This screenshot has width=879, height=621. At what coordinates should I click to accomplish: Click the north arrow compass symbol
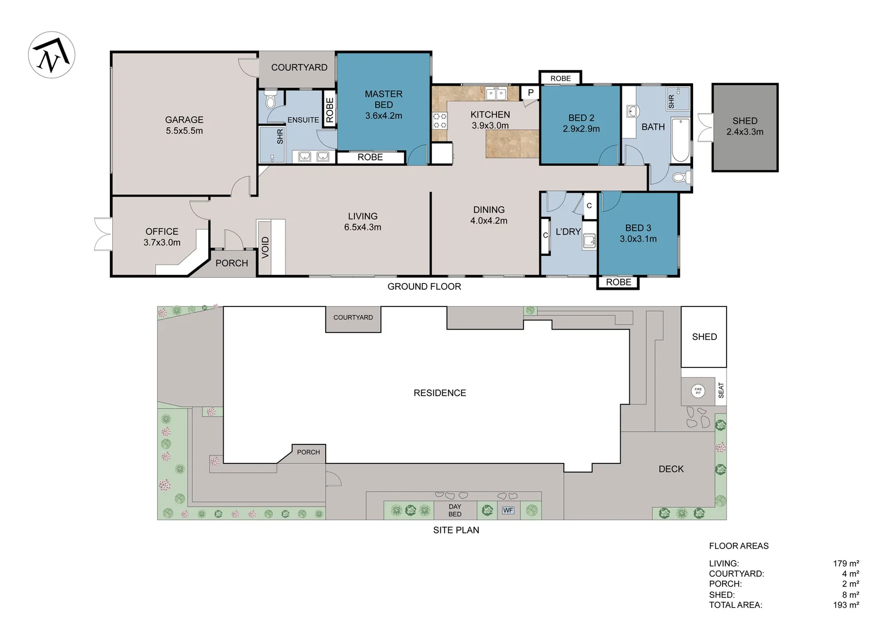coord(51,55)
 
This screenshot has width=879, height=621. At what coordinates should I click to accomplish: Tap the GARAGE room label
coord(184,120)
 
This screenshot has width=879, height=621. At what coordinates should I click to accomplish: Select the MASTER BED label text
coord(383,99)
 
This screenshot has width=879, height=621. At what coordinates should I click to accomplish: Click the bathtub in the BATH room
coord(681,140)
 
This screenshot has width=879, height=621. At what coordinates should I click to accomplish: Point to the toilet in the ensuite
coord(270,101)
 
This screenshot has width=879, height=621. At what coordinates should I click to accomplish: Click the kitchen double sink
coord(496,94)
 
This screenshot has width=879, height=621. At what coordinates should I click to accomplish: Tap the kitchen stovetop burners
coord(439,120)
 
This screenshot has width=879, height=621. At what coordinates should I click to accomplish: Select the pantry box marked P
coord(530,93)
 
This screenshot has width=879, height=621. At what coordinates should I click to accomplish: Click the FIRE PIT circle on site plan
coord(698,391)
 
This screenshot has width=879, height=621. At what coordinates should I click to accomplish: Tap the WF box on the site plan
coord(508,511)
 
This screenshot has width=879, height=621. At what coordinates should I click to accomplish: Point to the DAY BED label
coord(455,511)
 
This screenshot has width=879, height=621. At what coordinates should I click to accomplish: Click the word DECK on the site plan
coord(671,469)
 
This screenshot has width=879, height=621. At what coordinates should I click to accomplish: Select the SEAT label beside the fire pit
coord(721,390)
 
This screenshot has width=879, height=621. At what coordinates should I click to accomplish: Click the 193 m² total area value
coord(846,605)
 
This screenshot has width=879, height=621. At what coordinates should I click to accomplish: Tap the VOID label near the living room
coord(265,247)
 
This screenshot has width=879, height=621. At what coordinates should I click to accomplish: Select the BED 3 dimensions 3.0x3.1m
coord(638,239)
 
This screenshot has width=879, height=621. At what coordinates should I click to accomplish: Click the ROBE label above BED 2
coord(560,78)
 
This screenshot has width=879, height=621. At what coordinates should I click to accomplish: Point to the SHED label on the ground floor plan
coord(745,121)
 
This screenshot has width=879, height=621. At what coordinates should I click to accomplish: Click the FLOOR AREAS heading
coord(739,546)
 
